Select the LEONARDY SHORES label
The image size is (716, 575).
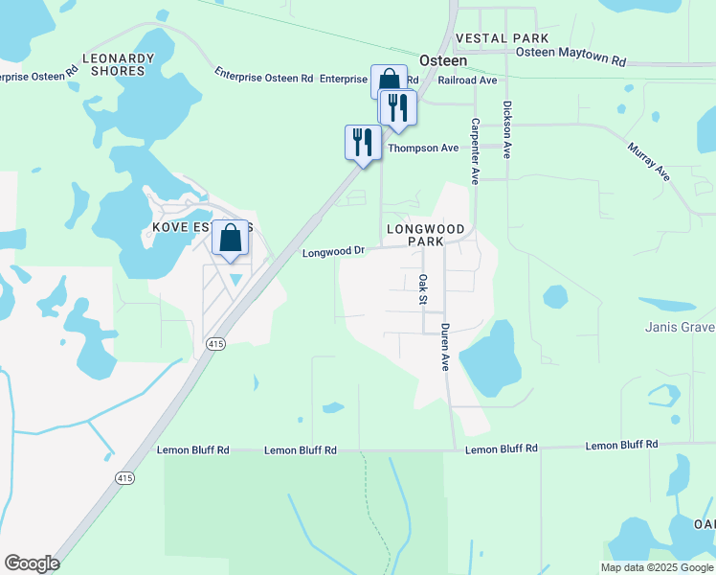(119, 64)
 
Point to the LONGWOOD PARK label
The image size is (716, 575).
(425, 236)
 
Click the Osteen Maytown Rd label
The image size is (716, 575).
(572, 58)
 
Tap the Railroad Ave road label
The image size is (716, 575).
(467, 81)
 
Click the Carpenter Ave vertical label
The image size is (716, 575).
(474, 151)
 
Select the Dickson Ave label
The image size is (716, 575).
(507, 129)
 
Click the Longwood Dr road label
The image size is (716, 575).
(333, 252)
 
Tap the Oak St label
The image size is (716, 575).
(422, 290)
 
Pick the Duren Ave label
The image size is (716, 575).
(445, 347)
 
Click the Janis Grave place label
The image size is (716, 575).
(680, 328)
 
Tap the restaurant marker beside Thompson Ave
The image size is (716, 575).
(362, 143)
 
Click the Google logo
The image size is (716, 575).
(32, 563)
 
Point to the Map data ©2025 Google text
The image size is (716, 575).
(657, 567)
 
